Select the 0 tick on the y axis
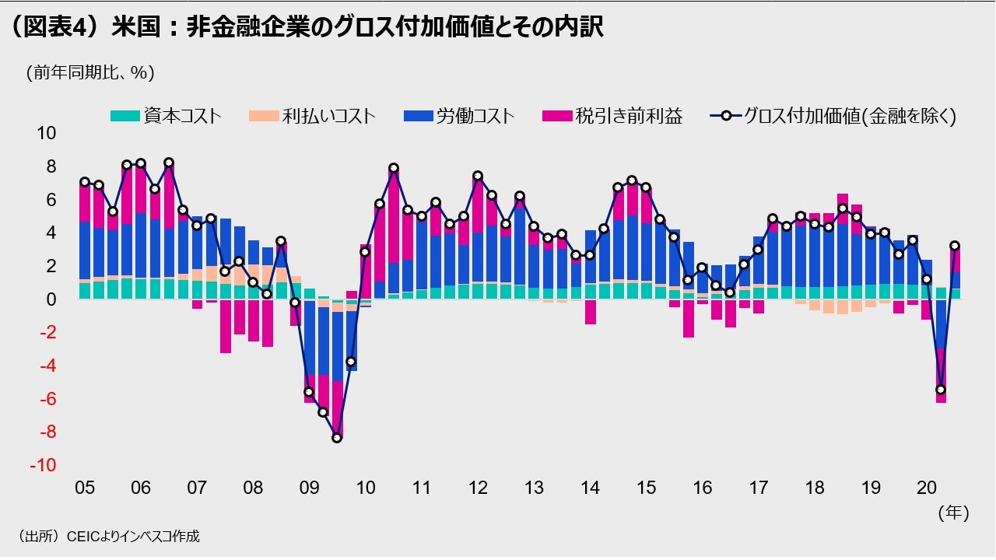click(x=51, y=299)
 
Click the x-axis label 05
click(x=84, y=488)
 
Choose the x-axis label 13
click(x=534, y=488)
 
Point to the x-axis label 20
click(x=927, y=488)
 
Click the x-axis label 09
click(x=309, y=488)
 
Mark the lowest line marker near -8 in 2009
click(x=337, y=438)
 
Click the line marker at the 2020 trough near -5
click(x=941, y=390)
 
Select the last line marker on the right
click(x=955, y=246)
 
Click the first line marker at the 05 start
click(x=85, y=182)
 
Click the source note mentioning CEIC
click(x=108, y=536)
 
